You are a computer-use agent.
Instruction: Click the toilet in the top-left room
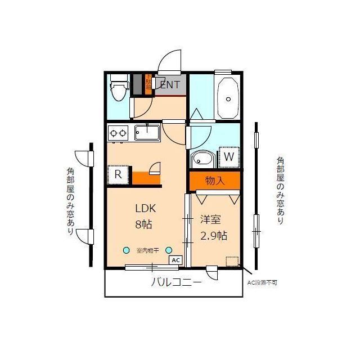point(118,88)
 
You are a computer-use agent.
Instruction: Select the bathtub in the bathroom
point(228,97)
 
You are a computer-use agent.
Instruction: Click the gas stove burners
point(118,133)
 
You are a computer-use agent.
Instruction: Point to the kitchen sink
point(147,133)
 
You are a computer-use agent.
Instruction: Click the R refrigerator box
point(118,174)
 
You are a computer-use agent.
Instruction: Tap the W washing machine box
point(228,157)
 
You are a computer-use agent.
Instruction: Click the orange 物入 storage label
point(214,181)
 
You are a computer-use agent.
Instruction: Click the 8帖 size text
point(143,224)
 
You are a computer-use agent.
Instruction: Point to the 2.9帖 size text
point(214,236)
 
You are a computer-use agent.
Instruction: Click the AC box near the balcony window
point(175,260)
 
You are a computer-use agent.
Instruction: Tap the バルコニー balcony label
point(175,282)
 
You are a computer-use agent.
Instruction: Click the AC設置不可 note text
point(262,282)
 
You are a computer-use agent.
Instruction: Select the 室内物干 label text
point(147,251)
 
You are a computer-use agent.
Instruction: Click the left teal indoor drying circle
point(127,250)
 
